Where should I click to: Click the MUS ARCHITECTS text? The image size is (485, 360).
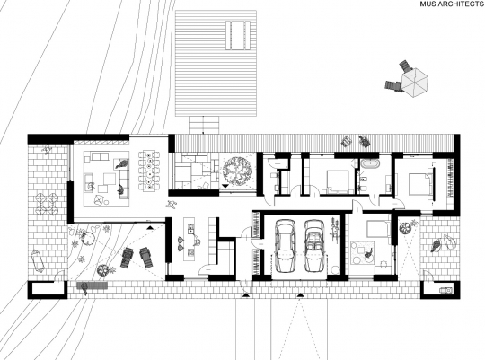(x=451, y=4)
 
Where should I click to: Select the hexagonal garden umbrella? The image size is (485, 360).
(x=415, y=82)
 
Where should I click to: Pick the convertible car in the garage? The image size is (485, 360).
(x=314, y=246)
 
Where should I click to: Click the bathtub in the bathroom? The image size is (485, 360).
(x=370, y=163)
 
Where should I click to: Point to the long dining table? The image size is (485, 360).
(x=149, y=170)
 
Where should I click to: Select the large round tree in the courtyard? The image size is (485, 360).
(x=237, y=171)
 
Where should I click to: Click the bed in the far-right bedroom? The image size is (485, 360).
(x=420, y=183)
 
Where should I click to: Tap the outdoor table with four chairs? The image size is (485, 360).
(x=46, y=203)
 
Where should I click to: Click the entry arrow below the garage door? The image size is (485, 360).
(x=300, y=295)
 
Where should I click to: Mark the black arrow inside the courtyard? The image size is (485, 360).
(x=225, y=186)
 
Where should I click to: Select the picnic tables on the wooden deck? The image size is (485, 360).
(x=238, y=35)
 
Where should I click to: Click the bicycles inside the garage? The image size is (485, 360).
(x=334, y=229)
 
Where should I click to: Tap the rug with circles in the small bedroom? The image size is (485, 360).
(x=362, y=252)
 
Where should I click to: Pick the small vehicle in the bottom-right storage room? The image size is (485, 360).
(x=445, y=290)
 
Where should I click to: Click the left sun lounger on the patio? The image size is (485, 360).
(x=127, y=259)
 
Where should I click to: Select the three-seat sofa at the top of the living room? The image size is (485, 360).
(x=100, y=156)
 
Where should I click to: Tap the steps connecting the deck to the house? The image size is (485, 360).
(x=204, y=125)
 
